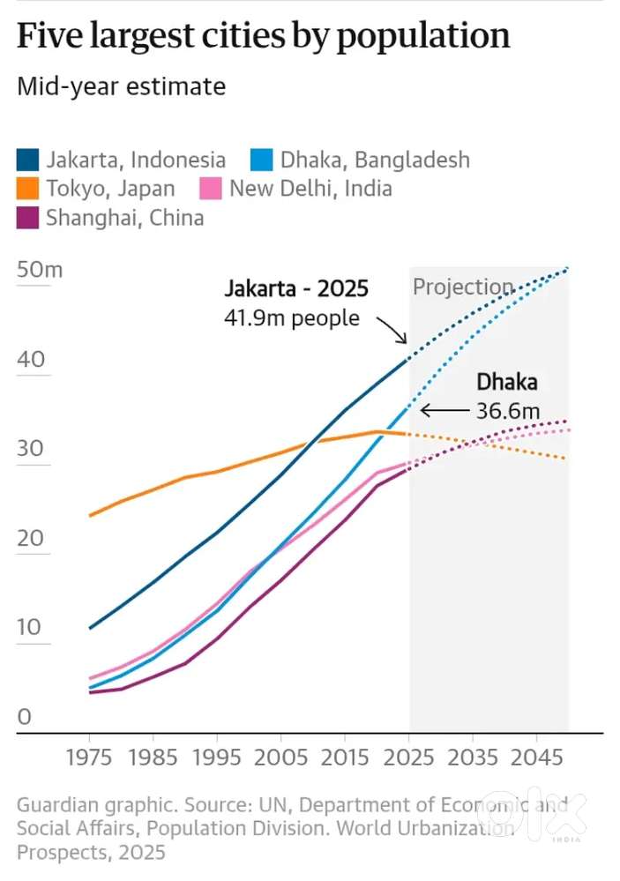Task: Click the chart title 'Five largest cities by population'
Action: click(263, 36)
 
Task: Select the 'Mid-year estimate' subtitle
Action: click(121, 86)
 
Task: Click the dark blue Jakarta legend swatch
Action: click(28, 160)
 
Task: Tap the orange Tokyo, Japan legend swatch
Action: click(28, 189)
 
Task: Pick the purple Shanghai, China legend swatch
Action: click(28, 218)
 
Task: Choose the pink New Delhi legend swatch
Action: click(212, 189)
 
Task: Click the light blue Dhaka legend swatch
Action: click(263, 160)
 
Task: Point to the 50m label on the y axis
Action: click(40, 270)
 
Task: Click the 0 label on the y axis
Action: click(24, 717)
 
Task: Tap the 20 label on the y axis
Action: click(30, 538)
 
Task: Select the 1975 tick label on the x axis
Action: click(89, 758)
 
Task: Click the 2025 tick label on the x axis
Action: click(409, 758)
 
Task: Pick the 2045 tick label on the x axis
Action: click(537, 758)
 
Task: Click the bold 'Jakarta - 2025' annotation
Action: click(295, 288)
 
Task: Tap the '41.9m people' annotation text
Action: click(292, 318)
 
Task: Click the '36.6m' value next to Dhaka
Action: click(508, 411)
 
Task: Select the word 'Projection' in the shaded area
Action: click(462, 287)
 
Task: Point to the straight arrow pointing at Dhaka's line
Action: click(444, 410)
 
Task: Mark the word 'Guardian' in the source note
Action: click(56, 805)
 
